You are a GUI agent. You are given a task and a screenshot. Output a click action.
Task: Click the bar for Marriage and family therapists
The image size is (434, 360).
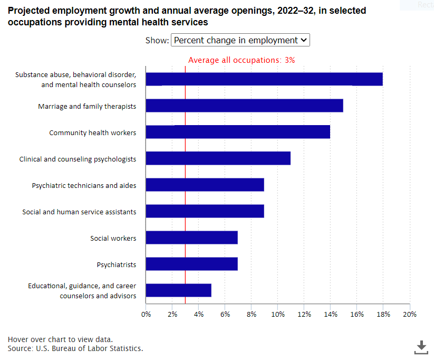[x=244, y=106]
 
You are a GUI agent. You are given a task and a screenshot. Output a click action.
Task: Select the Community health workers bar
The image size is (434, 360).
[x=238, y=132]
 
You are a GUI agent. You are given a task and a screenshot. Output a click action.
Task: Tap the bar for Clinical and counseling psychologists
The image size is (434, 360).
[x=218, y=158]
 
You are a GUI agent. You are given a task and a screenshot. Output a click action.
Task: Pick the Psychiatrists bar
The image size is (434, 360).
[x=192, y=264]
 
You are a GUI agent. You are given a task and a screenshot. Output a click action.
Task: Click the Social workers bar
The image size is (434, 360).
[x=192, y=238]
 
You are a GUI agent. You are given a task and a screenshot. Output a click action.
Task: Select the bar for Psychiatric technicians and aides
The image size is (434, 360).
[x=205, y=185]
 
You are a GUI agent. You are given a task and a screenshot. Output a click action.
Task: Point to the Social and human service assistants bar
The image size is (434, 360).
[x=205, y=211]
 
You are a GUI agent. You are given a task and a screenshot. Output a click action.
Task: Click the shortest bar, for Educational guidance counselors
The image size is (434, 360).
[x=179, y=290]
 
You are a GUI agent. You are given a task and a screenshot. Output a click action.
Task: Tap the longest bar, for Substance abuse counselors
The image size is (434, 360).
[x=264, y=79]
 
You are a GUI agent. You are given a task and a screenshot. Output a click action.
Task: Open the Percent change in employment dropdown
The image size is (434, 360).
[x=240, y=40]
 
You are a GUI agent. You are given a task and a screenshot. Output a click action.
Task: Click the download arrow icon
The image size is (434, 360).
[x=421, y=347]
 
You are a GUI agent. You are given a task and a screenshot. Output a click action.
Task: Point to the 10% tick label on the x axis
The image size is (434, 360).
[x=278, y=314]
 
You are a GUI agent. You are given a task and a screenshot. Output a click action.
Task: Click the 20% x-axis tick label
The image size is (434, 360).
[x=410, y=314]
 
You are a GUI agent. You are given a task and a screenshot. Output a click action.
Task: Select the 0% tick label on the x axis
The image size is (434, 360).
[x=146, y=314]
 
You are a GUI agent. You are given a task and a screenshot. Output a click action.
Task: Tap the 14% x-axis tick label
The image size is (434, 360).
[x=331, y=314]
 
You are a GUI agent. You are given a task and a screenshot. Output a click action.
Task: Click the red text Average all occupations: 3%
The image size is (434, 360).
[x=242, y=60]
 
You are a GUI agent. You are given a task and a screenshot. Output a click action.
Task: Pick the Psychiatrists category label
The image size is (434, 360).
[x=117, y=264]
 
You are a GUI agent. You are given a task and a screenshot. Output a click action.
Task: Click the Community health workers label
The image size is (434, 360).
[x=93, y=132]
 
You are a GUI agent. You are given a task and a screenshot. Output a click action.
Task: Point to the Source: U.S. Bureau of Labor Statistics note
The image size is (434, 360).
[x=75, y=348]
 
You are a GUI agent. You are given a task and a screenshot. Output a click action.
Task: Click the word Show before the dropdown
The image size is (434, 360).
[x=157, y=41]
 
